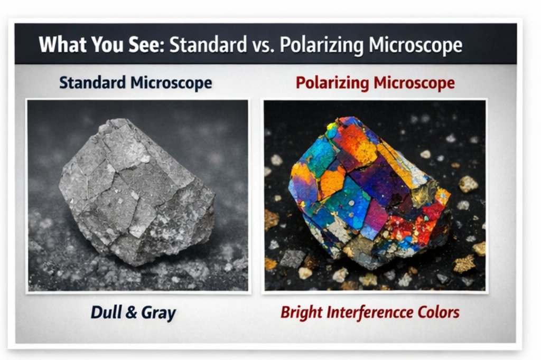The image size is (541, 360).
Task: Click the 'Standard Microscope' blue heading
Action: point(136,83)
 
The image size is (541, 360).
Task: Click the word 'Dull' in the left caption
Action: point(107,312)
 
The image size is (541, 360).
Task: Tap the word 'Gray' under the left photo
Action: point(158,312)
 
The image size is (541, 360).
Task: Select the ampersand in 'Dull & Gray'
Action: point(131,312)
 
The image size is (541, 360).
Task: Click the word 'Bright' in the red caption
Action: point(301,312)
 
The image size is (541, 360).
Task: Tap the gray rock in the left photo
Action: point(137,190)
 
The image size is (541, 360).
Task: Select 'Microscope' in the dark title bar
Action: point(415,45)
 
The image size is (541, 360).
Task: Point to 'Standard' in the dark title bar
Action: point(208,45)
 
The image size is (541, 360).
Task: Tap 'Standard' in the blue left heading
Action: point(92,83)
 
